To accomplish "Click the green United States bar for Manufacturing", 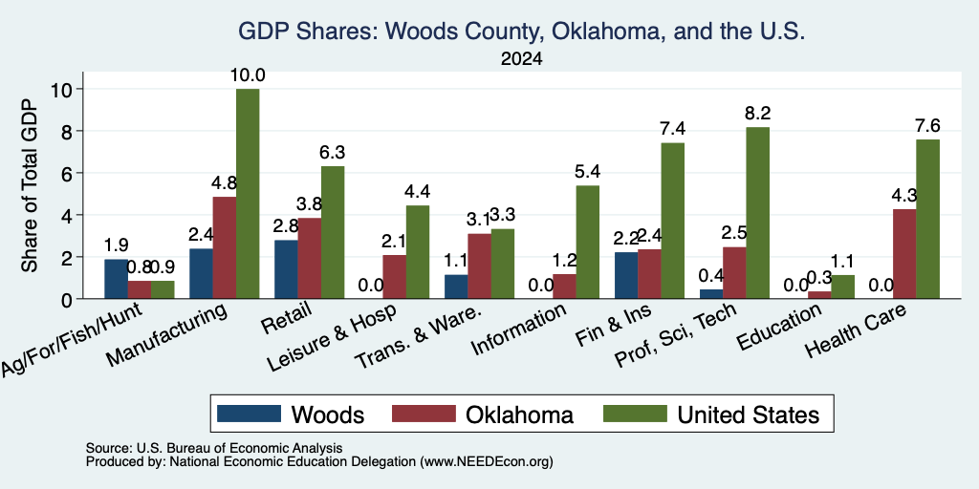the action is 248,194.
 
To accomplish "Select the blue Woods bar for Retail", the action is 286,269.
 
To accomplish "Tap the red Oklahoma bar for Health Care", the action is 904,254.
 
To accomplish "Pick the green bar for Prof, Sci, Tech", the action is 757,213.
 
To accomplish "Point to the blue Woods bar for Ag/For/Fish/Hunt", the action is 116,279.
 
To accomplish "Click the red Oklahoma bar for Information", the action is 564,287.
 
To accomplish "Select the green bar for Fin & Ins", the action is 672,221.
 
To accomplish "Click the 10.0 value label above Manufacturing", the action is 248,75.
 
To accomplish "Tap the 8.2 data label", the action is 757,114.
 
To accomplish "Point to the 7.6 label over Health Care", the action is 927,126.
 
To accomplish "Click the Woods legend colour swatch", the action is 249,414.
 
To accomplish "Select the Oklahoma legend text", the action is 519,415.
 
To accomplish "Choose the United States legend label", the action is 748,415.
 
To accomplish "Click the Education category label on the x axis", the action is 778,328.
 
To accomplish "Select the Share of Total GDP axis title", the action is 30,185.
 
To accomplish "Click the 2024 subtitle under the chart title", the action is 521,59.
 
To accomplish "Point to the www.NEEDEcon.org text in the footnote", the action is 487,462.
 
